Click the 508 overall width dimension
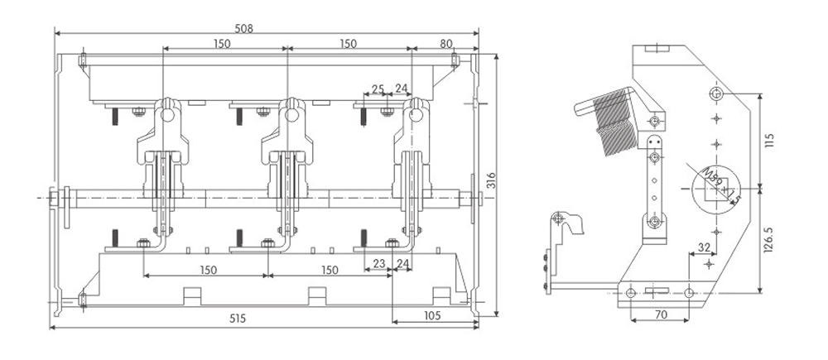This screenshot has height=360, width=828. [243, 28]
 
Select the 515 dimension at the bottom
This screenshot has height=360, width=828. [238, 319]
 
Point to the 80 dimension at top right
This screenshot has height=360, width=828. [446, 44]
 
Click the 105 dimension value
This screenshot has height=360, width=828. [432, 315]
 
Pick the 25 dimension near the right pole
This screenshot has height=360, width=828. [378, 89]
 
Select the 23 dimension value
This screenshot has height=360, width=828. [379, 264]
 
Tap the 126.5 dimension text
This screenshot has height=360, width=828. [769, 240]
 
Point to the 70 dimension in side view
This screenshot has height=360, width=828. [661, 314]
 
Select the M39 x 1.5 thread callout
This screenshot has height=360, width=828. [720, 185]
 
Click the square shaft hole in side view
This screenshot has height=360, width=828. [715, 188]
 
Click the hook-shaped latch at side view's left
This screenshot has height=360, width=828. [570, 223]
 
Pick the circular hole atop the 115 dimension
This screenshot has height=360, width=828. [716, 94]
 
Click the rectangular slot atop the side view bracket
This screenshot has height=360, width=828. [657, 49]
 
